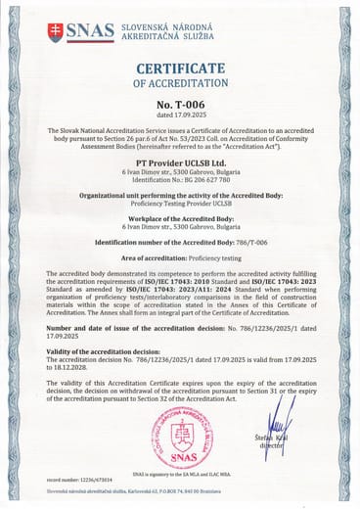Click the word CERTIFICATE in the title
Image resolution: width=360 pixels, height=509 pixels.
point(179,68)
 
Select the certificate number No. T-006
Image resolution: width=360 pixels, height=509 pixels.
point(179,103)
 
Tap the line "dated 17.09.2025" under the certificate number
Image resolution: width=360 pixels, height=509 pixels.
point(179,116)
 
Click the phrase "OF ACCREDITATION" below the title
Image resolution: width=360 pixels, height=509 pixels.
point(179,83)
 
